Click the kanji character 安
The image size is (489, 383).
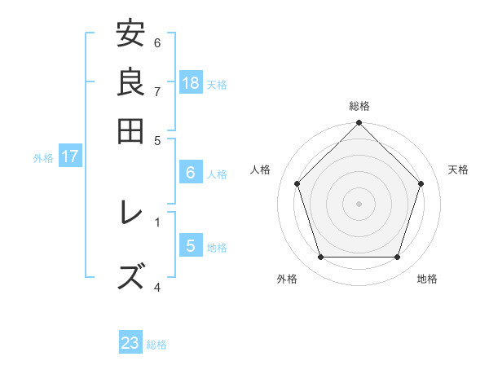pos(130,34)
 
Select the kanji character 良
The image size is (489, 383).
pos(130,81)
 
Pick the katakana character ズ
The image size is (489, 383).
pos(130,275)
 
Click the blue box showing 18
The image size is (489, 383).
pos(191,82)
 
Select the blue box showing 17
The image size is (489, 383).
pos(70,156)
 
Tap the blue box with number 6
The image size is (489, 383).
pos(191,172)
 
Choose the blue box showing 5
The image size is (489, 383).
pos(191,245)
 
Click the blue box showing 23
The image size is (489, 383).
pos(130,343)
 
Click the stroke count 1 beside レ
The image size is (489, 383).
pos(157,220)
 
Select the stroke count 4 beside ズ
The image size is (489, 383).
pos(157,287)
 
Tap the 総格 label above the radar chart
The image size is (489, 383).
pos(359,106)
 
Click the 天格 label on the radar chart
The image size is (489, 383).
pos(458,169)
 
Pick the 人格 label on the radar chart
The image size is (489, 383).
pos(261,169)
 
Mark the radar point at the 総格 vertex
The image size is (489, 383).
pos(359,124)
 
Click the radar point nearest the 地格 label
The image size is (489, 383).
pos(398,258)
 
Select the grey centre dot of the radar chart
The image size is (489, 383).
pos(359,203)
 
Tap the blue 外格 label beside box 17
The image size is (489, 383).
pos(42,158)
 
